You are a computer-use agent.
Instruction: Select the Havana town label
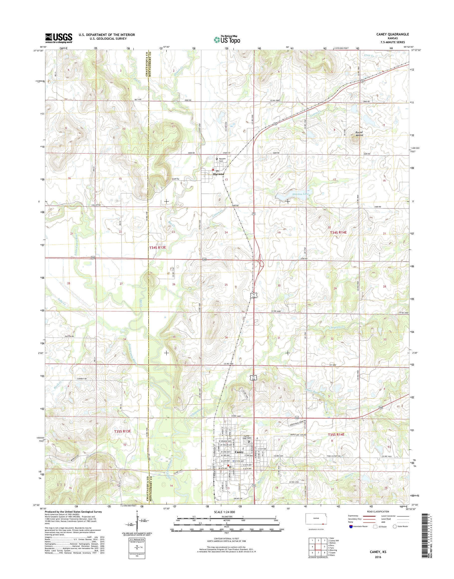(219, 174)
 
